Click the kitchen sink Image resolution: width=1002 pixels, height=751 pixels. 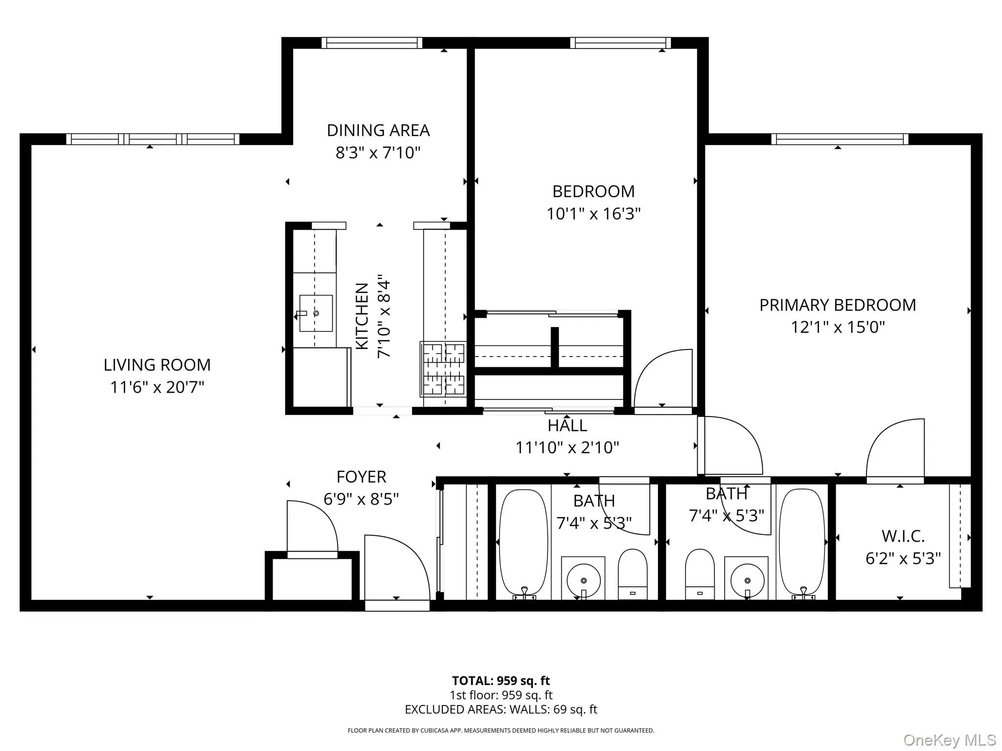click(316, 313)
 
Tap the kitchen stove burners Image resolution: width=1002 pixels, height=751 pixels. click(443, 369)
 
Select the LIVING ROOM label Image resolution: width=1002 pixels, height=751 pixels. click(157, 365)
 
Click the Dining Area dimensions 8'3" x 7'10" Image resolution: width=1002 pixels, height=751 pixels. click(378, 153)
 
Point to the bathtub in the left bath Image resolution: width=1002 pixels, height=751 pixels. click(523, 543)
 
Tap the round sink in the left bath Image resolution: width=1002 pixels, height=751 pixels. click(583, 580)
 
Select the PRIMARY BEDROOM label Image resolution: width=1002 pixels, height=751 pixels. click(837, 305)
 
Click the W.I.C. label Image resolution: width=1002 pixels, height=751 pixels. click(903, 536)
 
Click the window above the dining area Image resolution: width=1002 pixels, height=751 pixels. click(372, 43)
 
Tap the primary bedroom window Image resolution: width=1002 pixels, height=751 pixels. click(840, 139)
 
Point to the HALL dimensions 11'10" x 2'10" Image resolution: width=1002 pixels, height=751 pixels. click(567, 447)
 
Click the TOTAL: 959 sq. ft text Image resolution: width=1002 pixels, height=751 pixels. click(501, 681)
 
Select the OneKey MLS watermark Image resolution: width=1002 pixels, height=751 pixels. click(949, 740)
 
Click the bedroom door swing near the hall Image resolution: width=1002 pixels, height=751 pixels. click(663, 379)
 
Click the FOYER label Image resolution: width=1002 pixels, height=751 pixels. click(361, 477)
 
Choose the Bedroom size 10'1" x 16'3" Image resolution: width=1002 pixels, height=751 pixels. click(593, 214)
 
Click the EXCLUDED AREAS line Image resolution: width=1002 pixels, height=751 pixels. click(501, 709)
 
